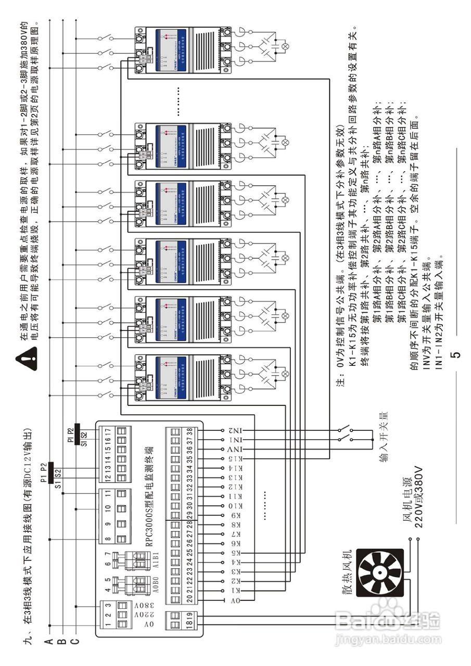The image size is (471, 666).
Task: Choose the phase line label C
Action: [x=75, y=642]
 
